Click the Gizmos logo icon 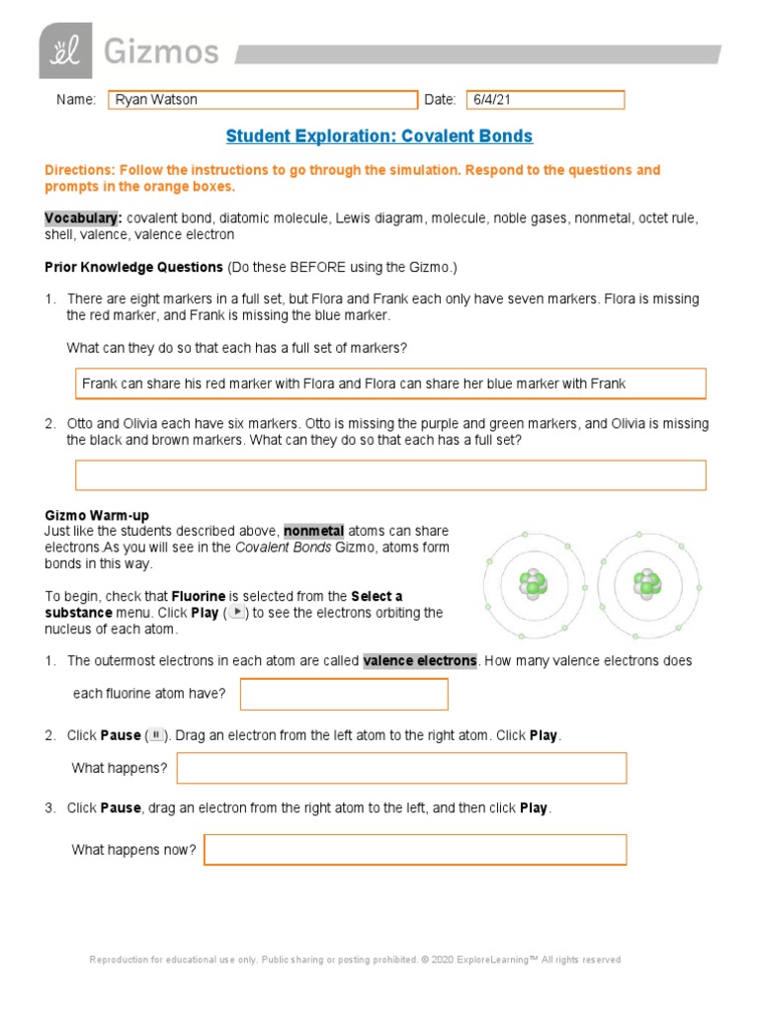click(65, 49)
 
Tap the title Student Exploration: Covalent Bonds click(379, 136)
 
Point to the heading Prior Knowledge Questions click(134, 268)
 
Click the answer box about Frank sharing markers click(390, 383)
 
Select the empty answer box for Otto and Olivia click(390, 475)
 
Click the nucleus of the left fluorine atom click(534, 586)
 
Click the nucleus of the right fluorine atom click(648, 586)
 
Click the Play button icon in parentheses click(236, 613)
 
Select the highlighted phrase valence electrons click(420, 660)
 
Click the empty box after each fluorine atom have click(344, 694)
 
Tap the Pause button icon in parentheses click(156, 735)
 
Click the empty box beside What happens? click(401, 768)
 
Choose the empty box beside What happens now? click(415, 850)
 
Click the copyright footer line click(355, 960)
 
